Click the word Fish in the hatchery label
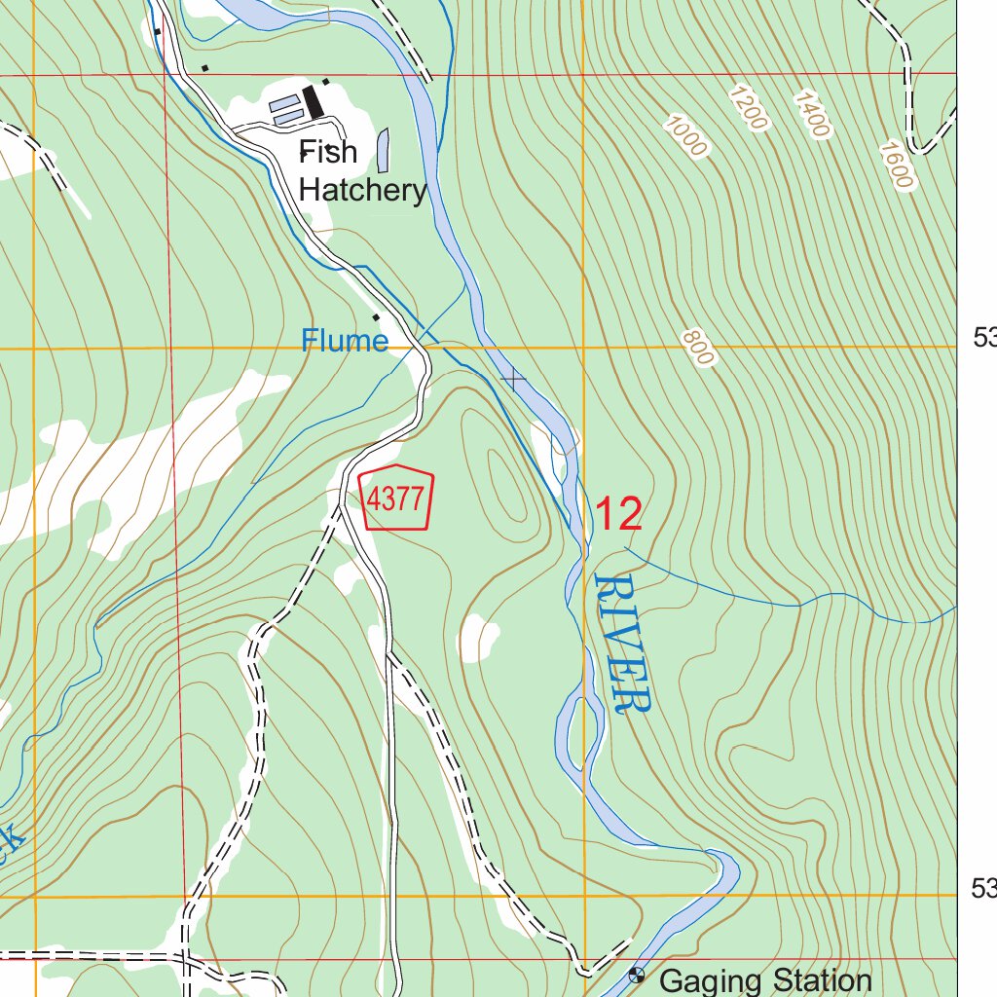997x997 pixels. tap(328, 152)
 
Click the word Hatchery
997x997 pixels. tap(362, 190)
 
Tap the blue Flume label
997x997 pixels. tap(344, 341)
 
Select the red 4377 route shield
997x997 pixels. tap(397, 499)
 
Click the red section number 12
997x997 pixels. tap(618, 514)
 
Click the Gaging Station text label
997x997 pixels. tap(765, 979)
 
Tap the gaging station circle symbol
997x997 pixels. tap(637, 974)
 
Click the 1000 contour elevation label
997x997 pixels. tap(686, 136)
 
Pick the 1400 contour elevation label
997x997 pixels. tap(812, 114)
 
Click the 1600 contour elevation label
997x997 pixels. tap(895, 165)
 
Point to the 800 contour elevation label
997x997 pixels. tap(698, 348)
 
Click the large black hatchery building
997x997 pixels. tap(314, 102)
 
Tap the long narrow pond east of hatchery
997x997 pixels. tap(383, 149)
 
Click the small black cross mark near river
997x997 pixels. tap(512, 378)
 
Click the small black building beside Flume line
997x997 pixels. tap(377, 316)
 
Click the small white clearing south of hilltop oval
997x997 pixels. tap(478, 638)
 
